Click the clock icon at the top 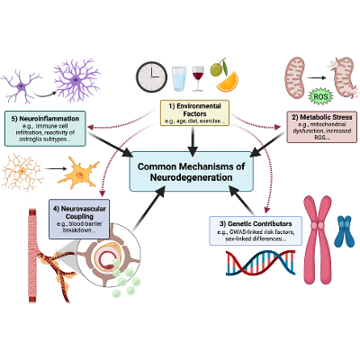151,76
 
